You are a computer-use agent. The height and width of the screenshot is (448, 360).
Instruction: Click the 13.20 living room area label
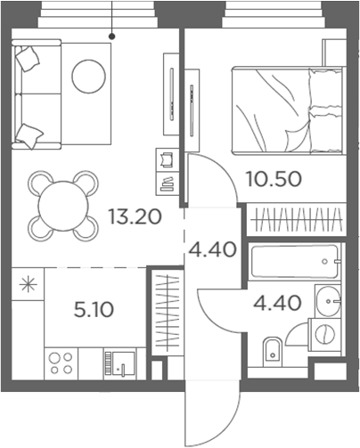134,216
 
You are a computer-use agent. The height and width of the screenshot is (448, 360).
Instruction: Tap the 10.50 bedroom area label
274,177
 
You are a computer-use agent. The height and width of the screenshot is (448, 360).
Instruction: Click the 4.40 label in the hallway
211,248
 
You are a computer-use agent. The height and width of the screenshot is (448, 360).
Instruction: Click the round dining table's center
61,204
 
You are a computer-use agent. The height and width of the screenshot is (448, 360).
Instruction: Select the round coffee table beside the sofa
89,76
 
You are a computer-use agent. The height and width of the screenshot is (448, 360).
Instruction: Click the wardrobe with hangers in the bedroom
294,219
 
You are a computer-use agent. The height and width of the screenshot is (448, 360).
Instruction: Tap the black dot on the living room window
111,36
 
